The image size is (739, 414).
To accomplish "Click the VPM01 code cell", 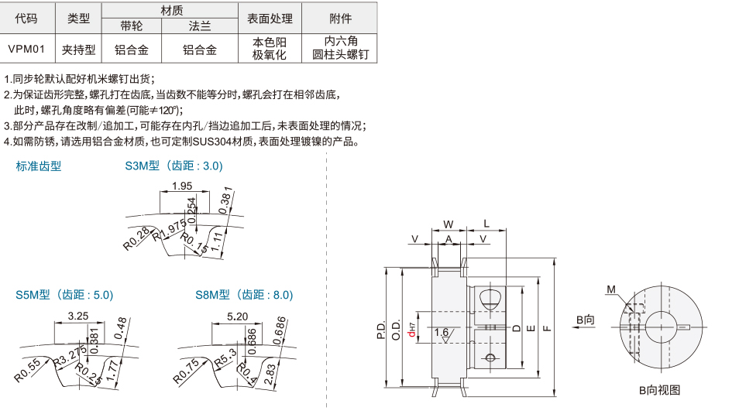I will [x=27, y=50].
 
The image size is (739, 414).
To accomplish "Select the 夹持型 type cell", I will [x=79, y=50].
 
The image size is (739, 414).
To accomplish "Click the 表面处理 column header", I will [x=270, y=18].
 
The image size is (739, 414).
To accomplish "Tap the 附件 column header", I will [x=340, y=18].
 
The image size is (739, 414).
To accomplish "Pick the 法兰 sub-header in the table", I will [x=199, y=26].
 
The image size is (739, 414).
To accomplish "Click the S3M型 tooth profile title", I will [x=174, y=166].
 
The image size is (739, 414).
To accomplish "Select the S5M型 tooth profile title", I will [x=64, y=295].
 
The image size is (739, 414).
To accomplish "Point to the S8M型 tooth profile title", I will [x=244, y=295].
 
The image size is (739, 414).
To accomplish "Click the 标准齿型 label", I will [x=39, y=166].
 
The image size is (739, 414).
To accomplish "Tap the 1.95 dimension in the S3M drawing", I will [x=182, y=186].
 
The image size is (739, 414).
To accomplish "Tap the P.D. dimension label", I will [x=381, y=330].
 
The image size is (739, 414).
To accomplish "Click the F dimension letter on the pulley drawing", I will [x=547, y=328].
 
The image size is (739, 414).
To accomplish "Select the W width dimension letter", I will [x=448, y=224].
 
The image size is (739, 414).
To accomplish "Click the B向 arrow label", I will [x=585, y=318].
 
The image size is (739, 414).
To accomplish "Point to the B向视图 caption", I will [x=659, y=390].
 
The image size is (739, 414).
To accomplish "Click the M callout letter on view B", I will [x=611, y=289].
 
